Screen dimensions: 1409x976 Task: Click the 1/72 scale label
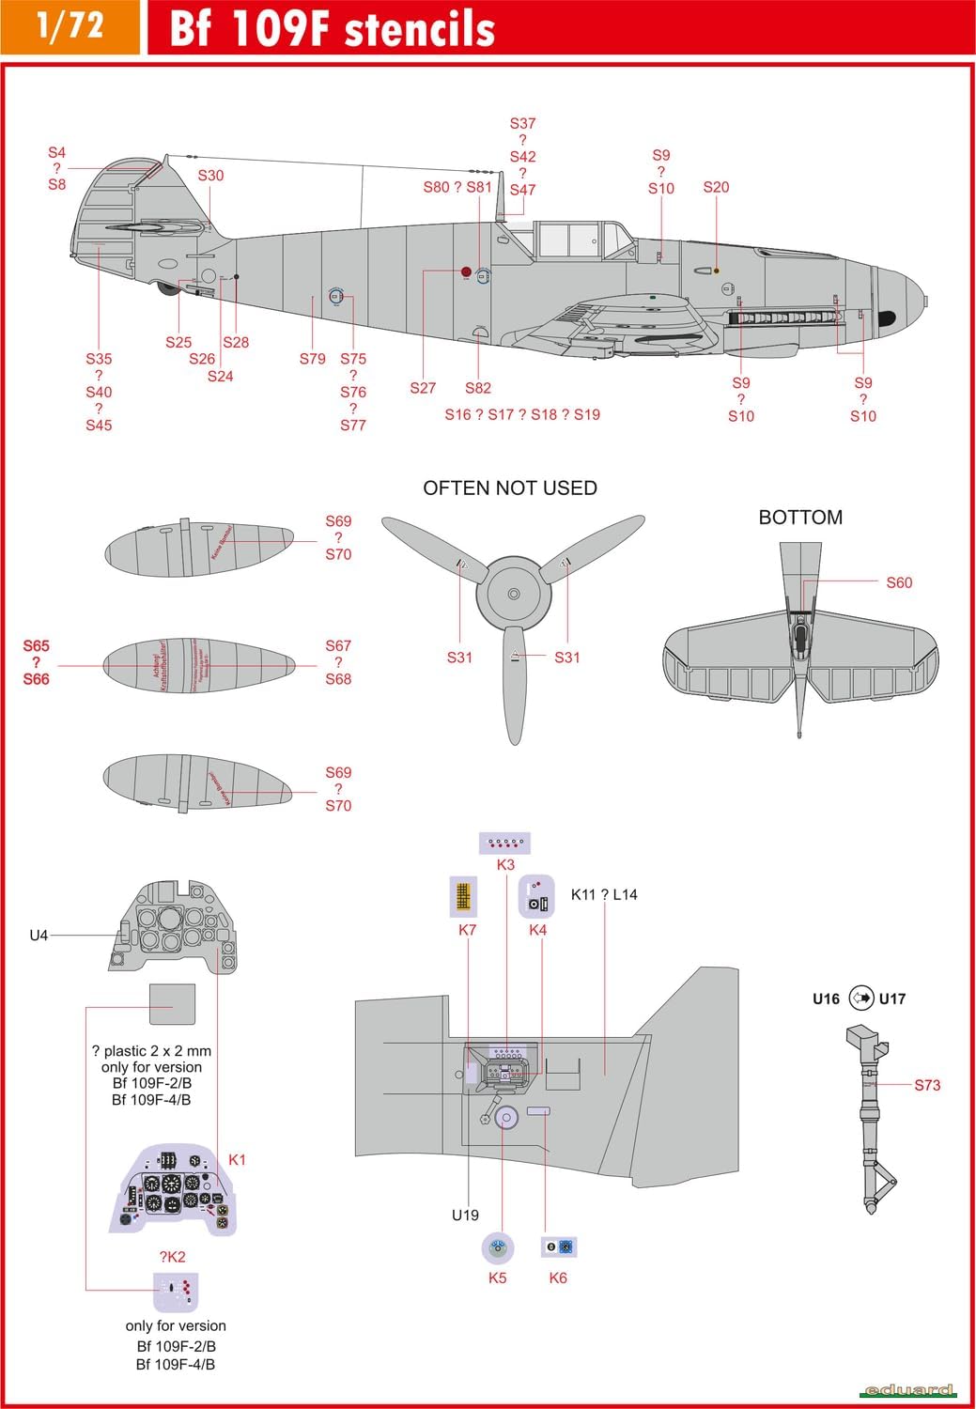[70, 25]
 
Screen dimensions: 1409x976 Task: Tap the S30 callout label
[210, 176]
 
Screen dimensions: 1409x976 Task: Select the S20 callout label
[716, 187]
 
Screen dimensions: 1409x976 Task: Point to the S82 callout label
[478, 388]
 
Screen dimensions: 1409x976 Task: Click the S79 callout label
[313, 359]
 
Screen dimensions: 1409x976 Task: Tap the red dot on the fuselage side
[466, 271]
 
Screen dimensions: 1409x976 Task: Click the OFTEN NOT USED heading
[510, 488]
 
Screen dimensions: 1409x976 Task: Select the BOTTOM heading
[800, 518]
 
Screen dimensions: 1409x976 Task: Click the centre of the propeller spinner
[513, 594]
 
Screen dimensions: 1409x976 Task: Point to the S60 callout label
[899, 582]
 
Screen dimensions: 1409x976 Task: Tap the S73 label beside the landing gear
[927, 1085]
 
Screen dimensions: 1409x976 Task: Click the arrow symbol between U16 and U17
[861, 999]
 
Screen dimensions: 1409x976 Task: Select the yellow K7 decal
[463, 896]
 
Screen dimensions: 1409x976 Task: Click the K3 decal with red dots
[505, 843]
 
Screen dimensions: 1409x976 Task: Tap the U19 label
[465, 1215]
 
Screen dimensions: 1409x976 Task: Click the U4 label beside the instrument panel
[39, 936]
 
